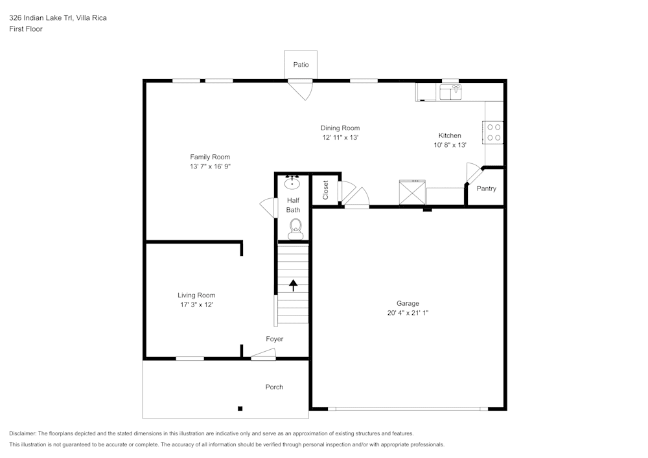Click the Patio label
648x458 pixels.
301,65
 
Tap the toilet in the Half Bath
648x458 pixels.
295,227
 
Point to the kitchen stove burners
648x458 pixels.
493,132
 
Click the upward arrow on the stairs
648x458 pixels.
293,284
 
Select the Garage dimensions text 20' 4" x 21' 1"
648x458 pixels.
408,313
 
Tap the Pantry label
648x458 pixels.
486,189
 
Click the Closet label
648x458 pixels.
325,190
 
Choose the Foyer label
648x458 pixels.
274,339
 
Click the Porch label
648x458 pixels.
274,387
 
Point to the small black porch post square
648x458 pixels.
240,408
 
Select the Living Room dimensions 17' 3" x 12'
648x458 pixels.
196,304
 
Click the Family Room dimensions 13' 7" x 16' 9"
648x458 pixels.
209,166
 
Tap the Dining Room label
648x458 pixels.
340,128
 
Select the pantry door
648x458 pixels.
473,173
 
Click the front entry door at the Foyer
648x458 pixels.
264,354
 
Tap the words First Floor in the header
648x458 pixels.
26,29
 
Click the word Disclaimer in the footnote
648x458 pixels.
23,433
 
